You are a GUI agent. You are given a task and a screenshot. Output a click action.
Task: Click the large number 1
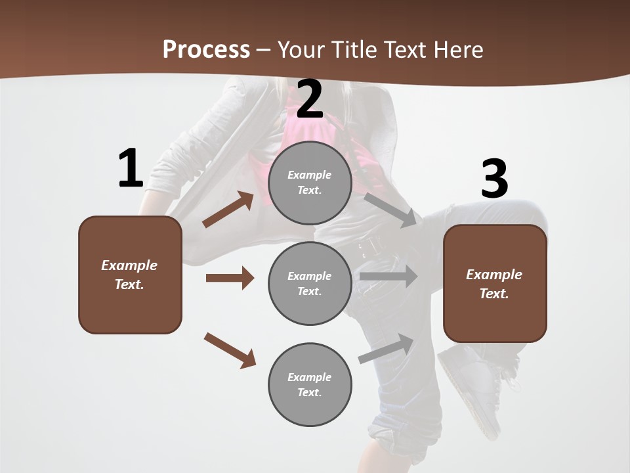(x=131, y=168)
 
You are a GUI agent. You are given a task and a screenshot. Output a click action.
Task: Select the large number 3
(x=494, y=179)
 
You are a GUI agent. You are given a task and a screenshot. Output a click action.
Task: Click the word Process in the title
(x=206, y=49)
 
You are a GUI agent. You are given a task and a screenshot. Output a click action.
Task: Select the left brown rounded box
(x=130, y=275)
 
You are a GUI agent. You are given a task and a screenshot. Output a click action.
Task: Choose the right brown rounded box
(x=495, y=284)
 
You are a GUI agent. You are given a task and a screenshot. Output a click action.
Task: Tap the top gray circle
(x=310, y=183)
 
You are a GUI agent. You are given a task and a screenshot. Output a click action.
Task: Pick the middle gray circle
(x=310, y=284)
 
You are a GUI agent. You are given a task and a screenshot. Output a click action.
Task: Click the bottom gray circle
(x=310, y=385)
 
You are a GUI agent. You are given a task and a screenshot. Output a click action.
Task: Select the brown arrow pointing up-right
(x=228, y=209)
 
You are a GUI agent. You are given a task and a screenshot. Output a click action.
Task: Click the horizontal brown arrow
(x=230, y=278)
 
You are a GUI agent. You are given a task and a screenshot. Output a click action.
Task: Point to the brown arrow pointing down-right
(x=230, y=350)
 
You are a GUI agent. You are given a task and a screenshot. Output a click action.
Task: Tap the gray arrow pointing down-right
(x=390, y=209)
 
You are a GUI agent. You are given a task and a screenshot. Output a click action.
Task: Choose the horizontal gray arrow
(x=388, y=276)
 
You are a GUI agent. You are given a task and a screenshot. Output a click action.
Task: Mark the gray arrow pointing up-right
(x=387, y=349)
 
